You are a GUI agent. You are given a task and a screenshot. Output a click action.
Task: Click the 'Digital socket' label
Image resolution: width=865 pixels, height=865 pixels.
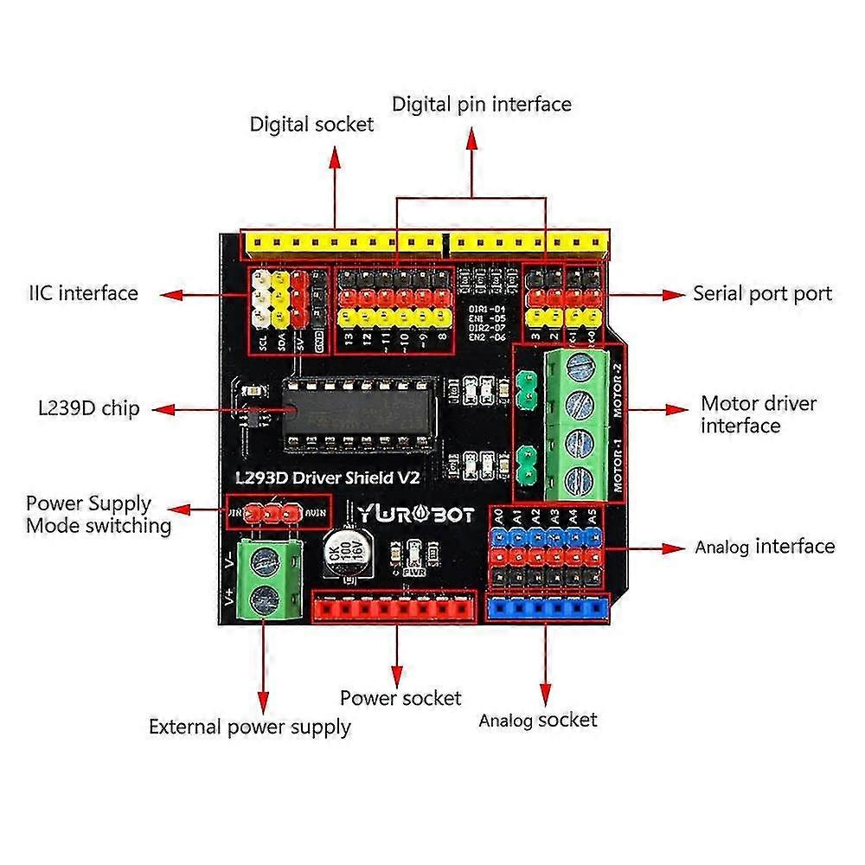311,125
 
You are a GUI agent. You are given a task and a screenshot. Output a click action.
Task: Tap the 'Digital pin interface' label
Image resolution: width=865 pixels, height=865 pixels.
482,105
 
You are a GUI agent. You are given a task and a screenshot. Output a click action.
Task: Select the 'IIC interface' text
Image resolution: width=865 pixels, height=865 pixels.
83,293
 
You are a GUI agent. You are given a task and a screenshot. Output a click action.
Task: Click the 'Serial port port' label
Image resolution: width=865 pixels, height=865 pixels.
762,293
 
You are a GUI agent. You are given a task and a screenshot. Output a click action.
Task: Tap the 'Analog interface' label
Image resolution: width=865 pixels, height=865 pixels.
765,547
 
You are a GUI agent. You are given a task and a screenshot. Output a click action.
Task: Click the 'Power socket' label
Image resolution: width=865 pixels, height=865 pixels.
400,698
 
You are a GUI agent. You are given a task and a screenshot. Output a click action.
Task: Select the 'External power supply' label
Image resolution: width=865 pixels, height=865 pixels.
249,727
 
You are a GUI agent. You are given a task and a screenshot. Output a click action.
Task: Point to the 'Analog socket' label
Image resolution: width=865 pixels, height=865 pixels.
538,720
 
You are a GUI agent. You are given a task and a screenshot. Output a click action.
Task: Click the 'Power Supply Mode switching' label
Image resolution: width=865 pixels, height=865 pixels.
99,515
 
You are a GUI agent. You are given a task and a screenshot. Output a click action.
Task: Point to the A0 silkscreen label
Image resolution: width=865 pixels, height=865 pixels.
499,518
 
